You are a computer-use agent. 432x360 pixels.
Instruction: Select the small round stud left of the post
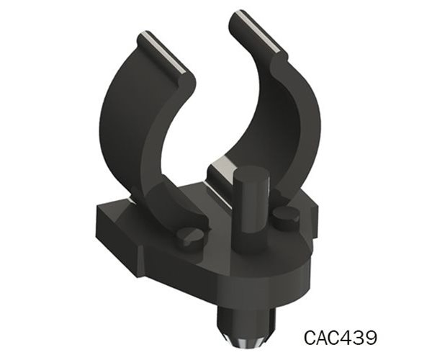190,236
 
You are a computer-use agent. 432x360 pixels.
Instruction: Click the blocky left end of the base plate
115,223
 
